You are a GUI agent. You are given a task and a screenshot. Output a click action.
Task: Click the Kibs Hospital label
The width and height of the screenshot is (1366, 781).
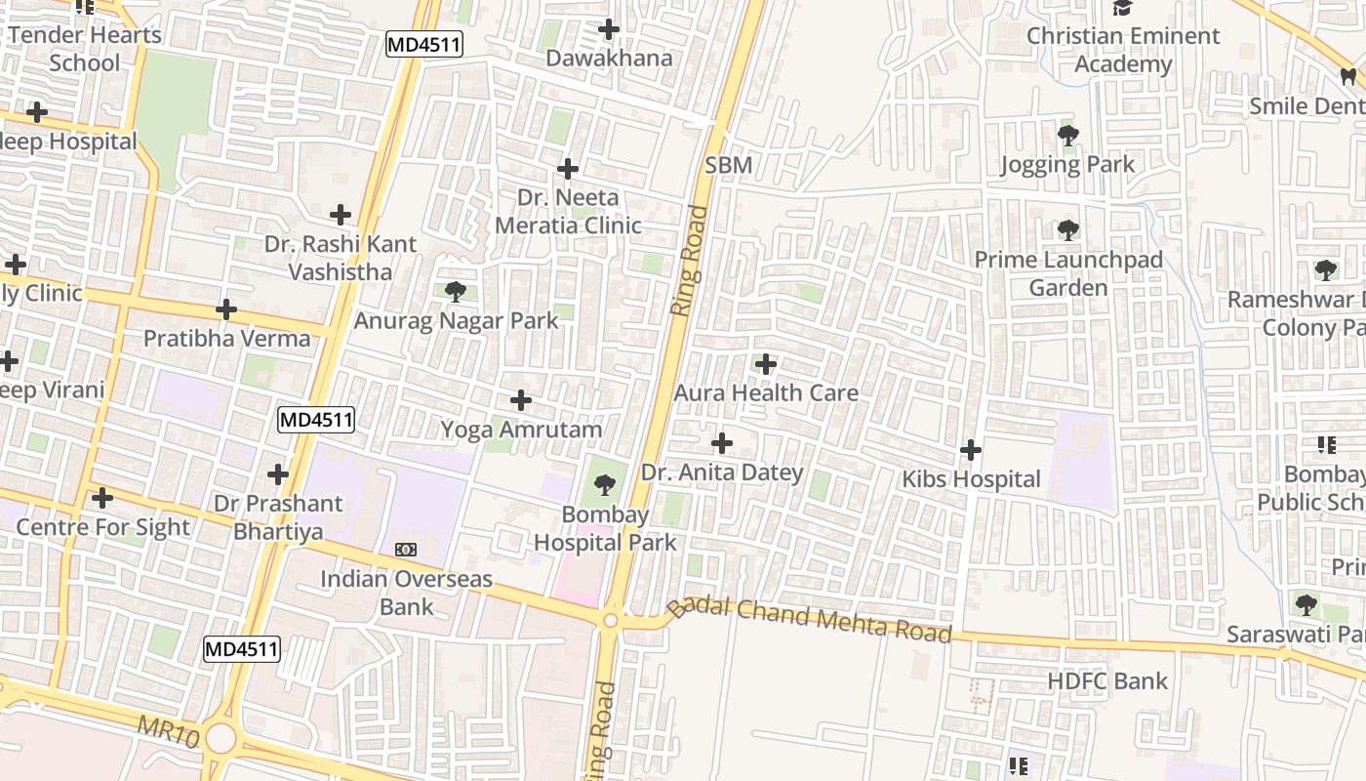tap(971, 479)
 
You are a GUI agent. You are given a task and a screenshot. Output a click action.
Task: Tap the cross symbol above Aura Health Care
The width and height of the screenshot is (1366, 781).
tap(766, 365)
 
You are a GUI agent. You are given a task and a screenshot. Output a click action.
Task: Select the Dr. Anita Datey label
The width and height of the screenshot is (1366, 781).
tap(722, 473)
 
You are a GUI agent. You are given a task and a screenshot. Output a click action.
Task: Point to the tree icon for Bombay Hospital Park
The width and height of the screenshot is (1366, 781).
tap(605, 484)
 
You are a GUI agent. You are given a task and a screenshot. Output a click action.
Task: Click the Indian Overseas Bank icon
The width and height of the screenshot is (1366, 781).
tap(406, 550)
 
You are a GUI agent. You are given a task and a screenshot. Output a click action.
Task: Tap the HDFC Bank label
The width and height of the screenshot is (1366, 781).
tap(1107, 680)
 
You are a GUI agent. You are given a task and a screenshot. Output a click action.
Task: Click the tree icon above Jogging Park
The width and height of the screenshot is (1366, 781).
tap(1068, 136)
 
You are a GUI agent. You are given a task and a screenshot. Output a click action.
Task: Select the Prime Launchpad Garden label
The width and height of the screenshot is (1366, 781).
tap(1068, 274)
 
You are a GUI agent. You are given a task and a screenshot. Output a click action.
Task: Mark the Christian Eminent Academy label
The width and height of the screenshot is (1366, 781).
tap(1123, 50)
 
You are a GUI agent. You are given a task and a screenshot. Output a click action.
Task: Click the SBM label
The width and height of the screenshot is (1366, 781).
tap(729, 165)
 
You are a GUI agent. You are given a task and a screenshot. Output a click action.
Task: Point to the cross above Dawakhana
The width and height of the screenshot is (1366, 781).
tap(609, 29)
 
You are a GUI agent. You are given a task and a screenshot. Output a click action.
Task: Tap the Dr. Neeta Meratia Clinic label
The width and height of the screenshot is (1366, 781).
tap(568, 212)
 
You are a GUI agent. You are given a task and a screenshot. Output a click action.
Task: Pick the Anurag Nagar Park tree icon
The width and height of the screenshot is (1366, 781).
tap(455, 291)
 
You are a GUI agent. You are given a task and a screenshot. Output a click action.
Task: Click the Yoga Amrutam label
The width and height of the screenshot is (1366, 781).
tap(521, 430)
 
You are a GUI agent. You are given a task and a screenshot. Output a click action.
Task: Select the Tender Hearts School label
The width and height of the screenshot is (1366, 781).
tap(85, 49)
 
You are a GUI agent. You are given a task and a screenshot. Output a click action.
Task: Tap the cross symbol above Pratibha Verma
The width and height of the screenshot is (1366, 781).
tap(226, 309)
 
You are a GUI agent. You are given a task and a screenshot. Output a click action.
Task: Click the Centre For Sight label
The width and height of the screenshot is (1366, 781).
tap(102, 527)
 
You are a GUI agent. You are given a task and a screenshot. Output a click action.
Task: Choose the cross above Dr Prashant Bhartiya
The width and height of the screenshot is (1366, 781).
tap(278, 474)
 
